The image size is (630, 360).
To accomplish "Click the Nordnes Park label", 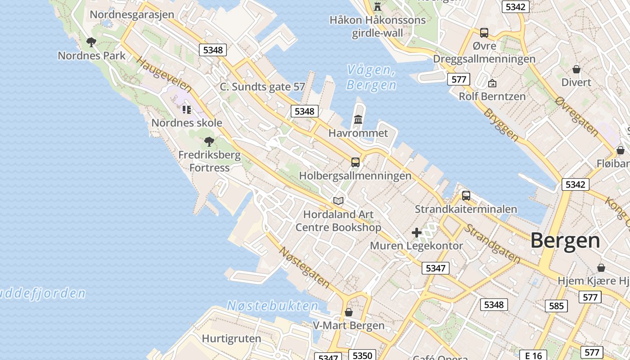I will coord(92,56).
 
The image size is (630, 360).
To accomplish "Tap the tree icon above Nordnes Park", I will coord(91,43).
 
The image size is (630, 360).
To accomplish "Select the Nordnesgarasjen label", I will coord(132,14).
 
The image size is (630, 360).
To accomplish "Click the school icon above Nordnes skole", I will coord(187,109).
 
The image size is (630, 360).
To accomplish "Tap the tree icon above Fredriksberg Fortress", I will coord(209,142).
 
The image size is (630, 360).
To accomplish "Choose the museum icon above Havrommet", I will coord(358,120).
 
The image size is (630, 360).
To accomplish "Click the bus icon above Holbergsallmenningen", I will coord(355,162).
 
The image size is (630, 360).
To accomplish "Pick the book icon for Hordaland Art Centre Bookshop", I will coord(338,201).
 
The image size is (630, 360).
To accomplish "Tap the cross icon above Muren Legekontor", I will coord(417,233).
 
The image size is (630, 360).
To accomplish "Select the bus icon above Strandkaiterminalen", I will coord(466,196).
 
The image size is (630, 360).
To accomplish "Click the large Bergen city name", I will coord(565,241).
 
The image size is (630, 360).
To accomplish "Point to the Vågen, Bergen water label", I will coord(371,77).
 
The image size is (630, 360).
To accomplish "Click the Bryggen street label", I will coord(501,123).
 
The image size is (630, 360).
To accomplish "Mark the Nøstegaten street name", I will coord(304,267).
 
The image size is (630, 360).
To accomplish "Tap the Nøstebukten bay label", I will coord(273,306).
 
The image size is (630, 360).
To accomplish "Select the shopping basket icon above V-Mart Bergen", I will coord(349,312).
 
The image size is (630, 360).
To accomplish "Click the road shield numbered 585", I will coord(556,306).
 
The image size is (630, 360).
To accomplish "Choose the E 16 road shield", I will coord(533,355).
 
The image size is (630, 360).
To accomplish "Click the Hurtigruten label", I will coord(231,338).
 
